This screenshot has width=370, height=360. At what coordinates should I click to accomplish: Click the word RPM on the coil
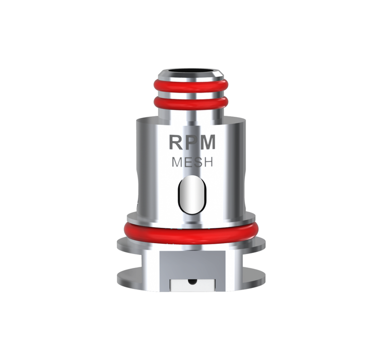(192, 142)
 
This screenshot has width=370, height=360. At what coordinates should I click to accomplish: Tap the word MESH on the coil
(192, 162)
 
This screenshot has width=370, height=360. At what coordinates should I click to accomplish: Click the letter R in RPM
(176, 142)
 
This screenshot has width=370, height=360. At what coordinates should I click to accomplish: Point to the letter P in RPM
(190, 142)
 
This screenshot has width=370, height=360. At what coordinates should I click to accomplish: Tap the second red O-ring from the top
(191, 104)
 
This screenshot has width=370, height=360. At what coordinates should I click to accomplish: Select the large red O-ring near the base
(191, 233)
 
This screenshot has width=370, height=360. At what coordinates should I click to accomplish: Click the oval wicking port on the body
(192, 195)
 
